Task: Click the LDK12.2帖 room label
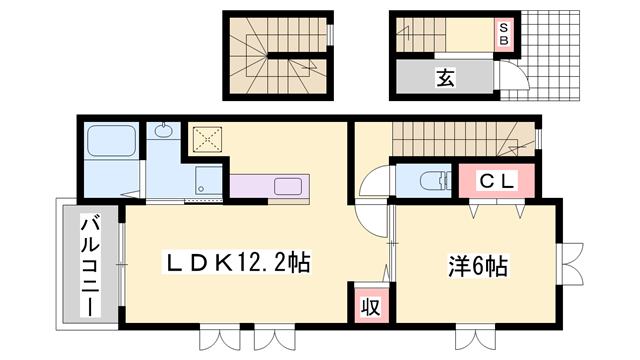point(238,264)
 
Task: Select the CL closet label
point(495,182)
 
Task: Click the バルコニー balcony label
point(89,264)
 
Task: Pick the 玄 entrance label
point(445,77)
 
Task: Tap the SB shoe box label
point(505,34)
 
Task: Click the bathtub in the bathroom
point(112,140)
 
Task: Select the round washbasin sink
point(164,132)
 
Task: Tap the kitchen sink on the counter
point(291,186)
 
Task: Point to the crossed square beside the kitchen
point(207,138)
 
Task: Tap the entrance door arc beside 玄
point(512,77)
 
